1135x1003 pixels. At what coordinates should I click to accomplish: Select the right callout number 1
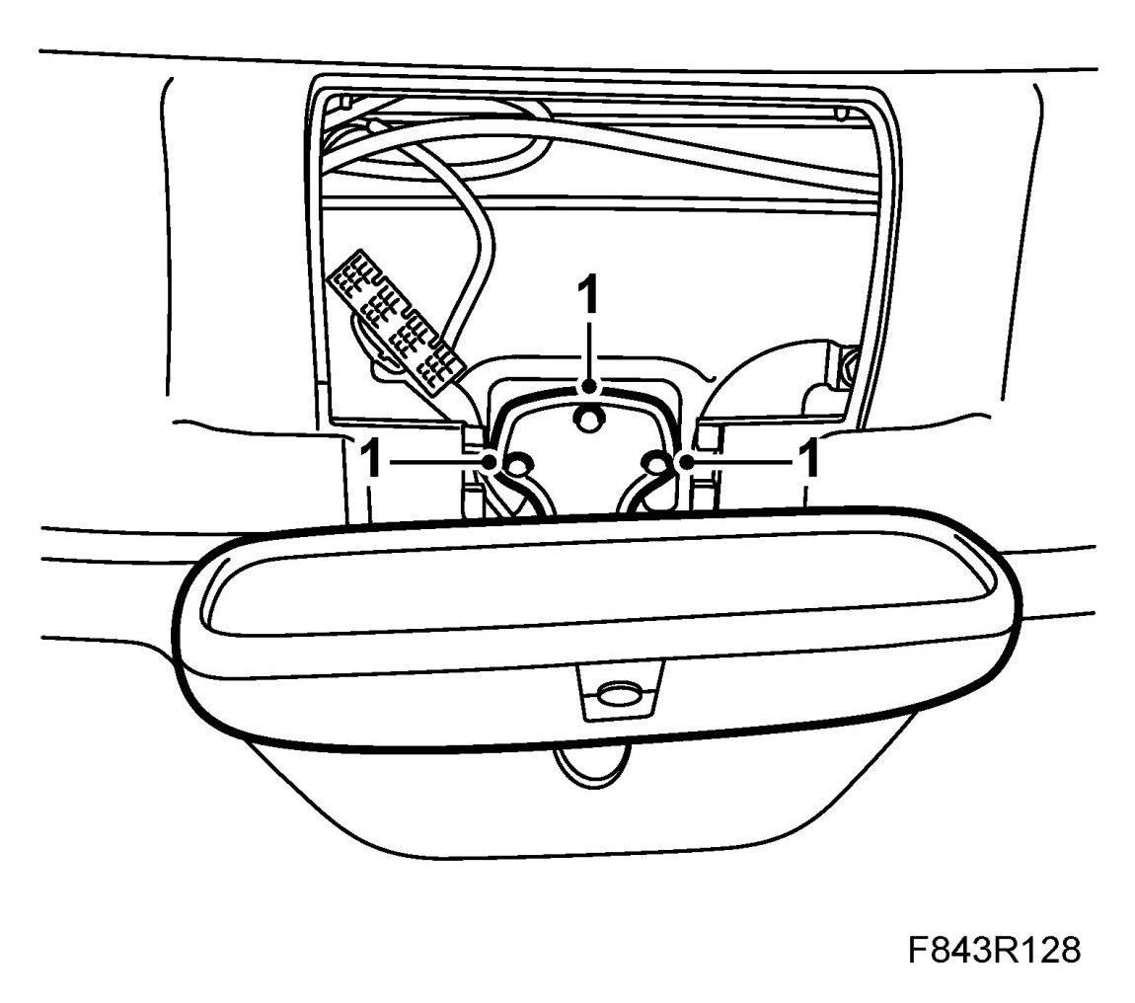pyautogui.click(x=808, y=460)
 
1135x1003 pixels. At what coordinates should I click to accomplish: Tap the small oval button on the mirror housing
pyautogui.click(x=618, y=693)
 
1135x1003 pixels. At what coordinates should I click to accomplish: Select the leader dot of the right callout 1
pyautogui.click(x=683, y=461)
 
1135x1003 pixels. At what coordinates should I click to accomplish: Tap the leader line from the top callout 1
pyautogui.click(x=589, y=350)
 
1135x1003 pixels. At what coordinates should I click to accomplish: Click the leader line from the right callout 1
pyautogui.click(x=740, y=461)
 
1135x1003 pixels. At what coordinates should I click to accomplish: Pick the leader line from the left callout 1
pyautogui.click(x=434, y=461)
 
